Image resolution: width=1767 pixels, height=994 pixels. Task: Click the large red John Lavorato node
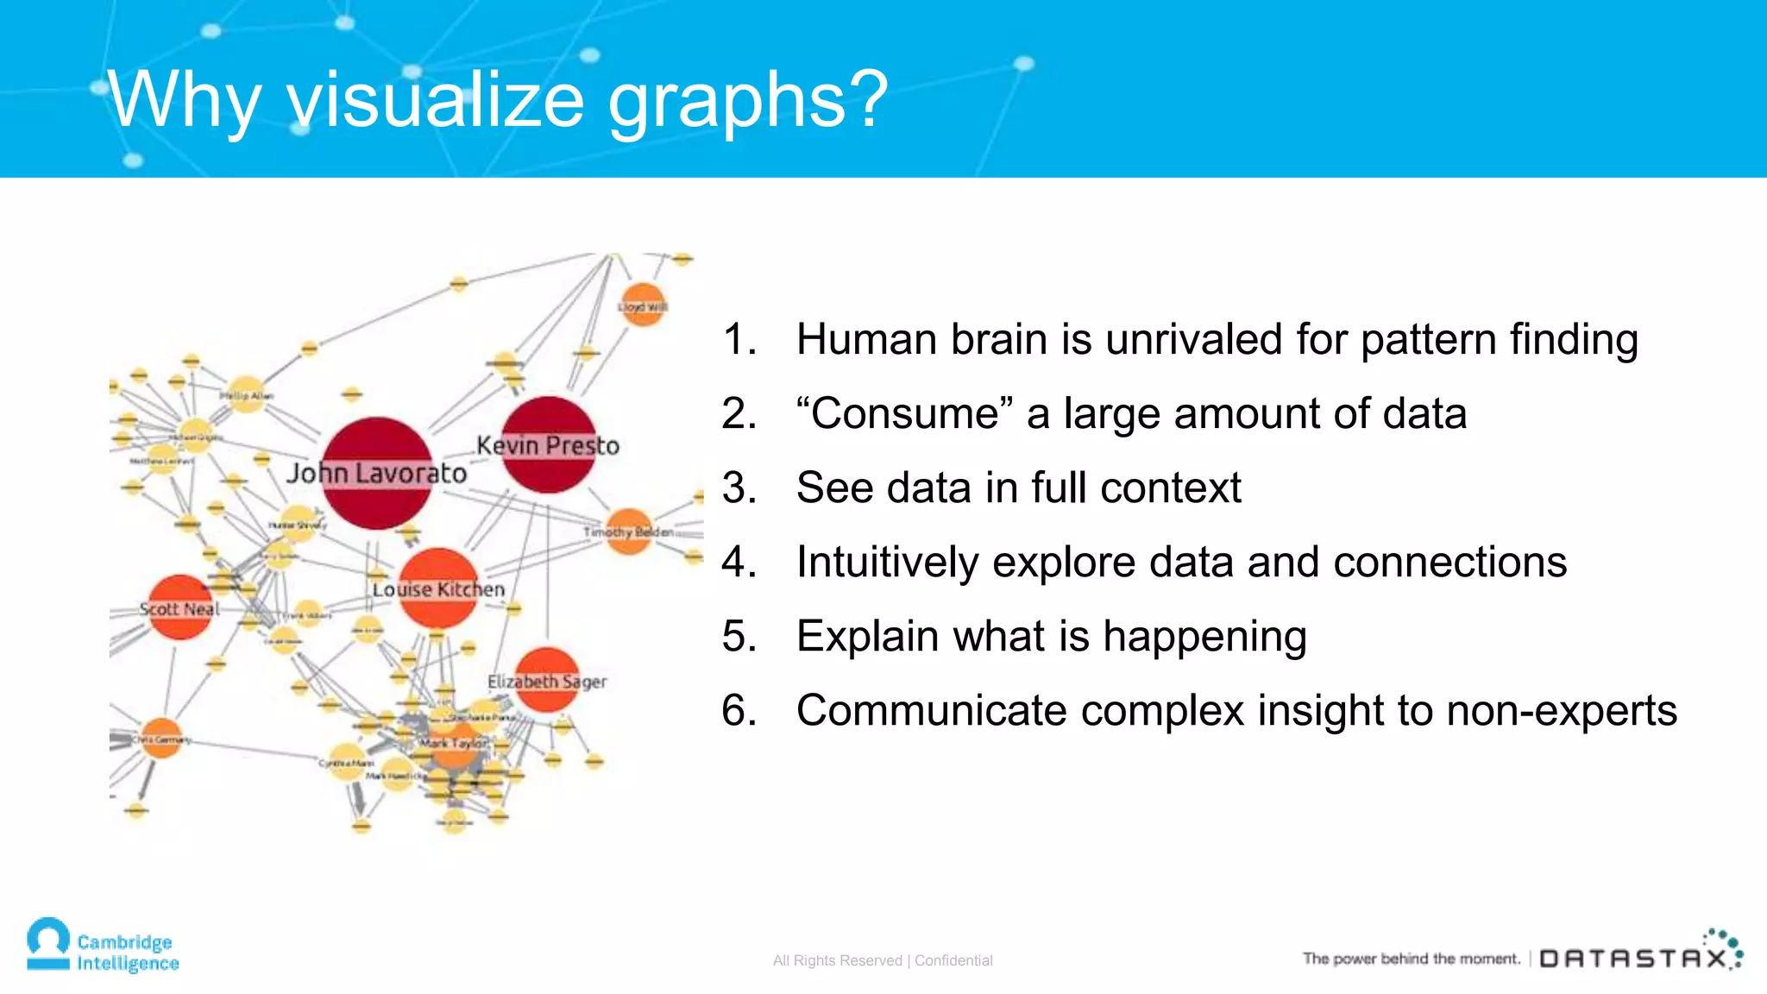(x=377, y=473)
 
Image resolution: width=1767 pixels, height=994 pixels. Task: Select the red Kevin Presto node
(x=549, y=444)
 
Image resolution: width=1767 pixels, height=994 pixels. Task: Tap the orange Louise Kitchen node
(x=438, y=588)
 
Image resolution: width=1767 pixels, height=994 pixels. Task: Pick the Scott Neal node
(x=180, y=607)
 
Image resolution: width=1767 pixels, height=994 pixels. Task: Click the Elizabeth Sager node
(x=546, y=680)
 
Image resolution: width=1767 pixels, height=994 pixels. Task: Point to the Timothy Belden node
(x=629, y=531)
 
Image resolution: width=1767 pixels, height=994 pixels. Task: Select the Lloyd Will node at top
(x=643, y=305)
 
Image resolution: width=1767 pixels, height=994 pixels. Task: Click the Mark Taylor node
(x=454, y=744)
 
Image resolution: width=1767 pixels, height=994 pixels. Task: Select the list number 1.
(x=739, y=339)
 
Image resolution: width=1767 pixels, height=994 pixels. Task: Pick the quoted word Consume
(x=905, y=413)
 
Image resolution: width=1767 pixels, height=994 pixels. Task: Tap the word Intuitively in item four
(x=887, y=562)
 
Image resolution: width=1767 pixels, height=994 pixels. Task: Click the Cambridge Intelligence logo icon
(x=48, y=944)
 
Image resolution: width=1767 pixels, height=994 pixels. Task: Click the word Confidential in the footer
(x=953, y=960)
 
